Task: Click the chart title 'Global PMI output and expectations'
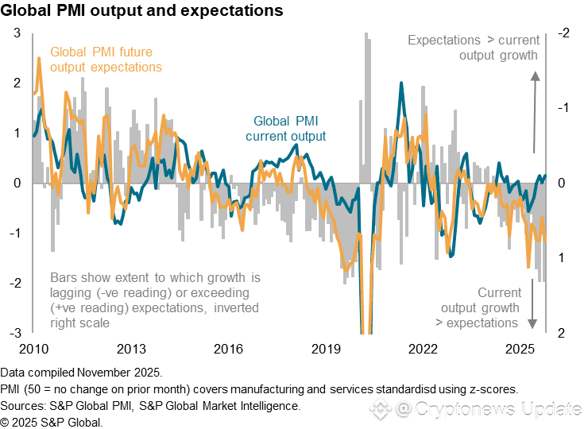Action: click(142, 11)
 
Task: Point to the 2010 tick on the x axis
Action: click(34, 349)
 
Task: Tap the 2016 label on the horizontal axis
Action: click(229, 349)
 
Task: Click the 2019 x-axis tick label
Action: click(326, 349)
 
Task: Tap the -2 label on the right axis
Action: click(563, 33)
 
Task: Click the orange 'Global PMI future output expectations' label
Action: click(106, 60)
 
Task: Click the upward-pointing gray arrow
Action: click(535, 111)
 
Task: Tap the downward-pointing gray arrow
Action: click(532, 306)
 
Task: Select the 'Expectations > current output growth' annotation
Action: click(474, 48)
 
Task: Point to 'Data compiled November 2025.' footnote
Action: click(82, 373)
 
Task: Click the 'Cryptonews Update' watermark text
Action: click(498, 409)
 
